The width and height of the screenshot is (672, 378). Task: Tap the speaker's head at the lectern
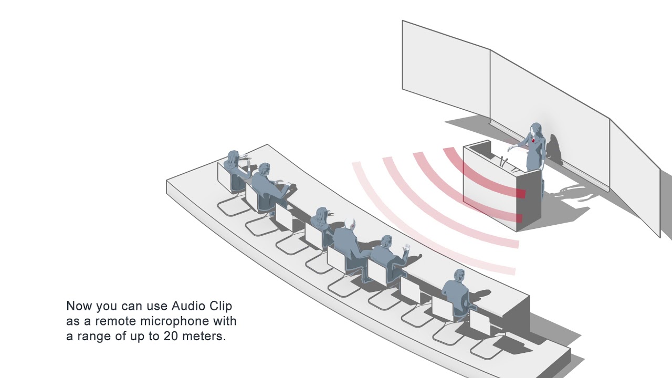tap(536, 129)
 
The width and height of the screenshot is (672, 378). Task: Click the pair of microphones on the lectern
tap(504, 161)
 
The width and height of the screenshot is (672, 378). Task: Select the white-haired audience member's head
tap(349, 223)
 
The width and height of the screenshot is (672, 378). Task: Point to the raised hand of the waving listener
tap(405, 248)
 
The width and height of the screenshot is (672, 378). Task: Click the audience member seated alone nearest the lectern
tap(455, 289)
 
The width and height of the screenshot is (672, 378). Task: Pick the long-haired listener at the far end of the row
tap(234, 163)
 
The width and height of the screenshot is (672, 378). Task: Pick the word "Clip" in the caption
tap(221, 306)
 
